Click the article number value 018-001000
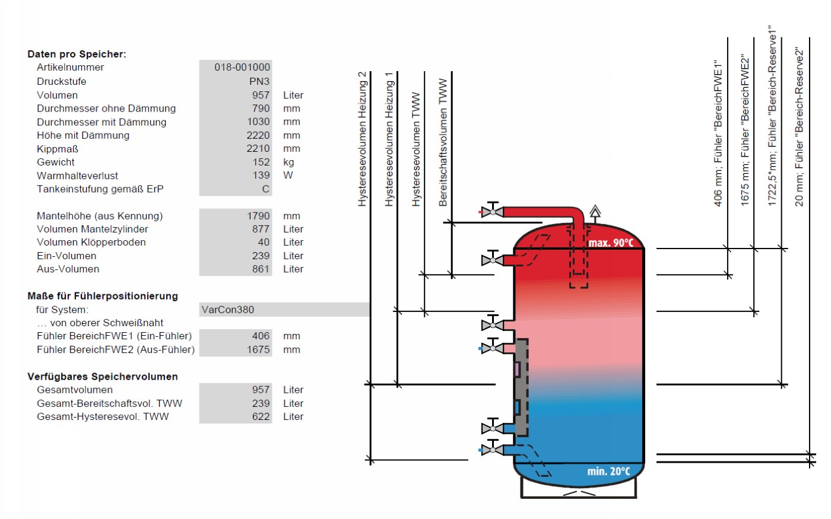click(242, 67)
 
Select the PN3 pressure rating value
click(259, 81)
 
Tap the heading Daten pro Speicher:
click(77, 54)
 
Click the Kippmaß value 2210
click(258, 148)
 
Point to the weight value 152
click(261, 162)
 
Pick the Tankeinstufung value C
click(266, 189)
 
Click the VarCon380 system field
click(228, 310)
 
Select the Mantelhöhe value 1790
click(258, 216)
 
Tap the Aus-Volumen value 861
click(261, 269)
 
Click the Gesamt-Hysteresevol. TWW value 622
click(261, 416)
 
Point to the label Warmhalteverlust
click(77, 176)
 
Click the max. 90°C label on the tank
click(611, 243)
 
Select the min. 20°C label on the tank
click(608, 472)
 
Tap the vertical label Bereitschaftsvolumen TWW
click(443, 142)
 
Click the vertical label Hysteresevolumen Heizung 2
click(362, 139)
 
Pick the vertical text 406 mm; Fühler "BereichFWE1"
click(718, 133)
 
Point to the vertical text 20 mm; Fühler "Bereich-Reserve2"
click(799, 127)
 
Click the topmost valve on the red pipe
click(492, 212)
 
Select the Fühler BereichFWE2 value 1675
click(258, 349)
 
